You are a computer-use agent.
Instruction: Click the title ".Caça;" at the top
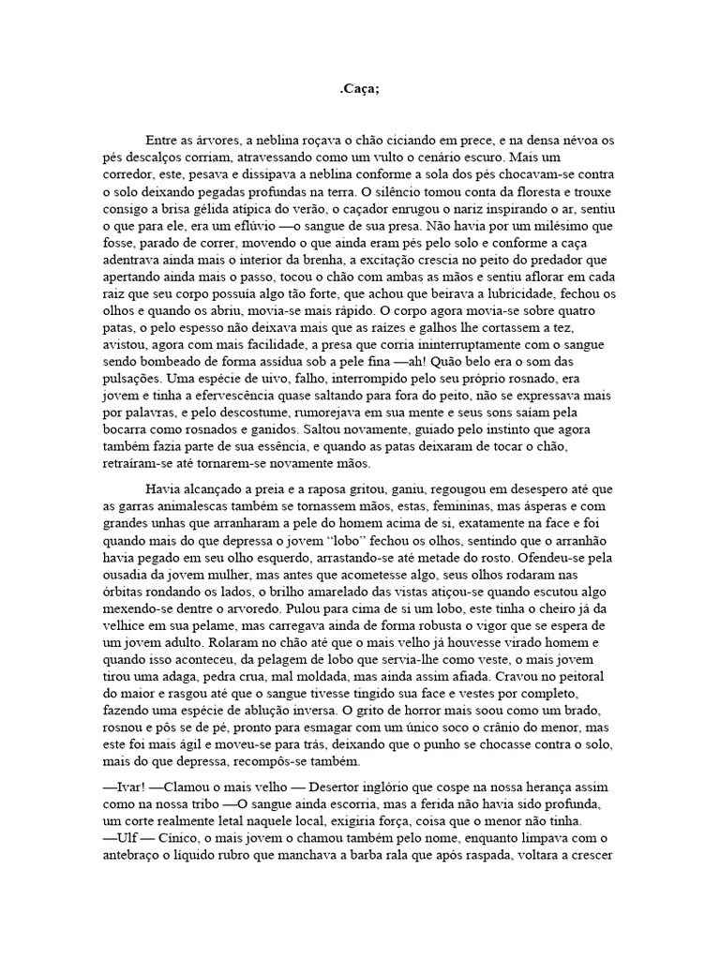[x=360, y=89]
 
